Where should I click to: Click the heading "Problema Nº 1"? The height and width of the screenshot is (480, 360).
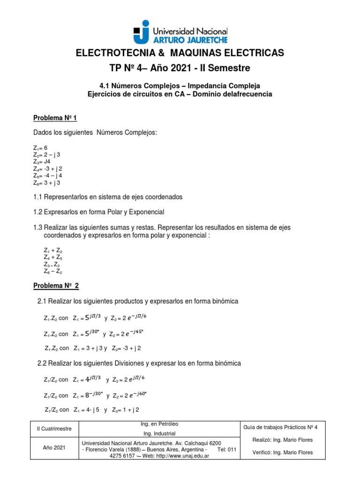[x=54, y=117]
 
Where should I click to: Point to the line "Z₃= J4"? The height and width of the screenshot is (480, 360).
[x=42, y=161]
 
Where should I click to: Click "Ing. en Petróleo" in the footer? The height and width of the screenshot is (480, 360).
[x=159, y=424]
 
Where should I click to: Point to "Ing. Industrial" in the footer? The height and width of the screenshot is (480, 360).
[x=159, y=434]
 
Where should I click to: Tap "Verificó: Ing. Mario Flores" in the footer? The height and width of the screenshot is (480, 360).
[x=278, y=452]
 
